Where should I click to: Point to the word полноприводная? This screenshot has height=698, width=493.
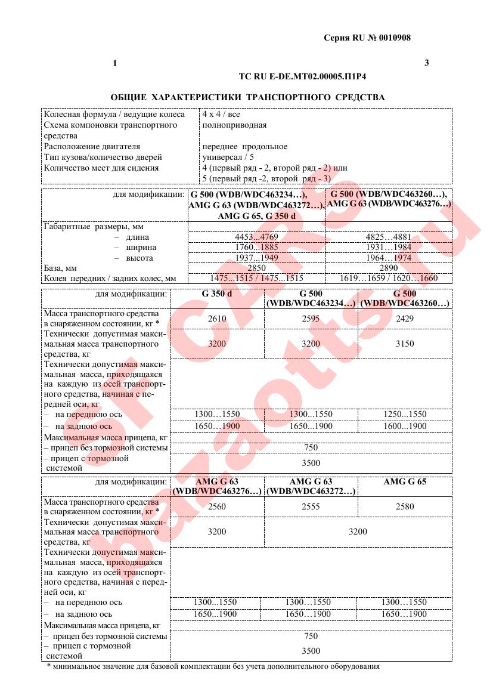(x=234, y=125)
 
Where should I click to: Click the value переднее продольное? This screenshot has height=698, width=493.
(x=244, y=146)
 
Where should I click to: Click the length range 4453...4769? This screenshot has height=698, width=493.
(x=256, y=236)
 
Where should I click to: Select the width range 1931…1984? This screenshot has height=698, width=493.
(x=389, y=247)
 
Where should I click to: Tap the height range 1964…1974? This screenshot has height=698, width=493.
(x=389, y=258)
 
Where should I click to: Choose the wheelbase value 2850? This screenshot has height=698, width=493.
(x=256, y=268)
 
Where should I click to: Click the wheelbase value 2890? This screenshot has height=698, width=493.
(x=389, y=268)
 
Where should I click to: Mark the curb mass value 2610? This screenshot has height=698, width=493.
(x=217, y=319)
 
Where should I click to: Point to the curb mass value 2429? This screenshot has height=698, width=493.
(x=405, y=319)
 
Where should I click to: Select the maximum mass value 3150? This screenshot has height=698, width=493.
(x=405, y=344)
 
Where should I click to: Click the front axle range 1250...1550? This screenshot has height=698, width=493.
(x=405, y=414)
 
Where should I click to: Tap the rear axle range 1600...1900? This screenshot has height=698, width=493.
(x=405, y=426)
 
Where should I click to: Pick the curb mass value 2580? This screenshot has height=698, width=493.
(x=405, y=506)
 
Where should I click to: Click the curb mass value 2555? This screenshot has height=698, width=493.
(x=311, y=506)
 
